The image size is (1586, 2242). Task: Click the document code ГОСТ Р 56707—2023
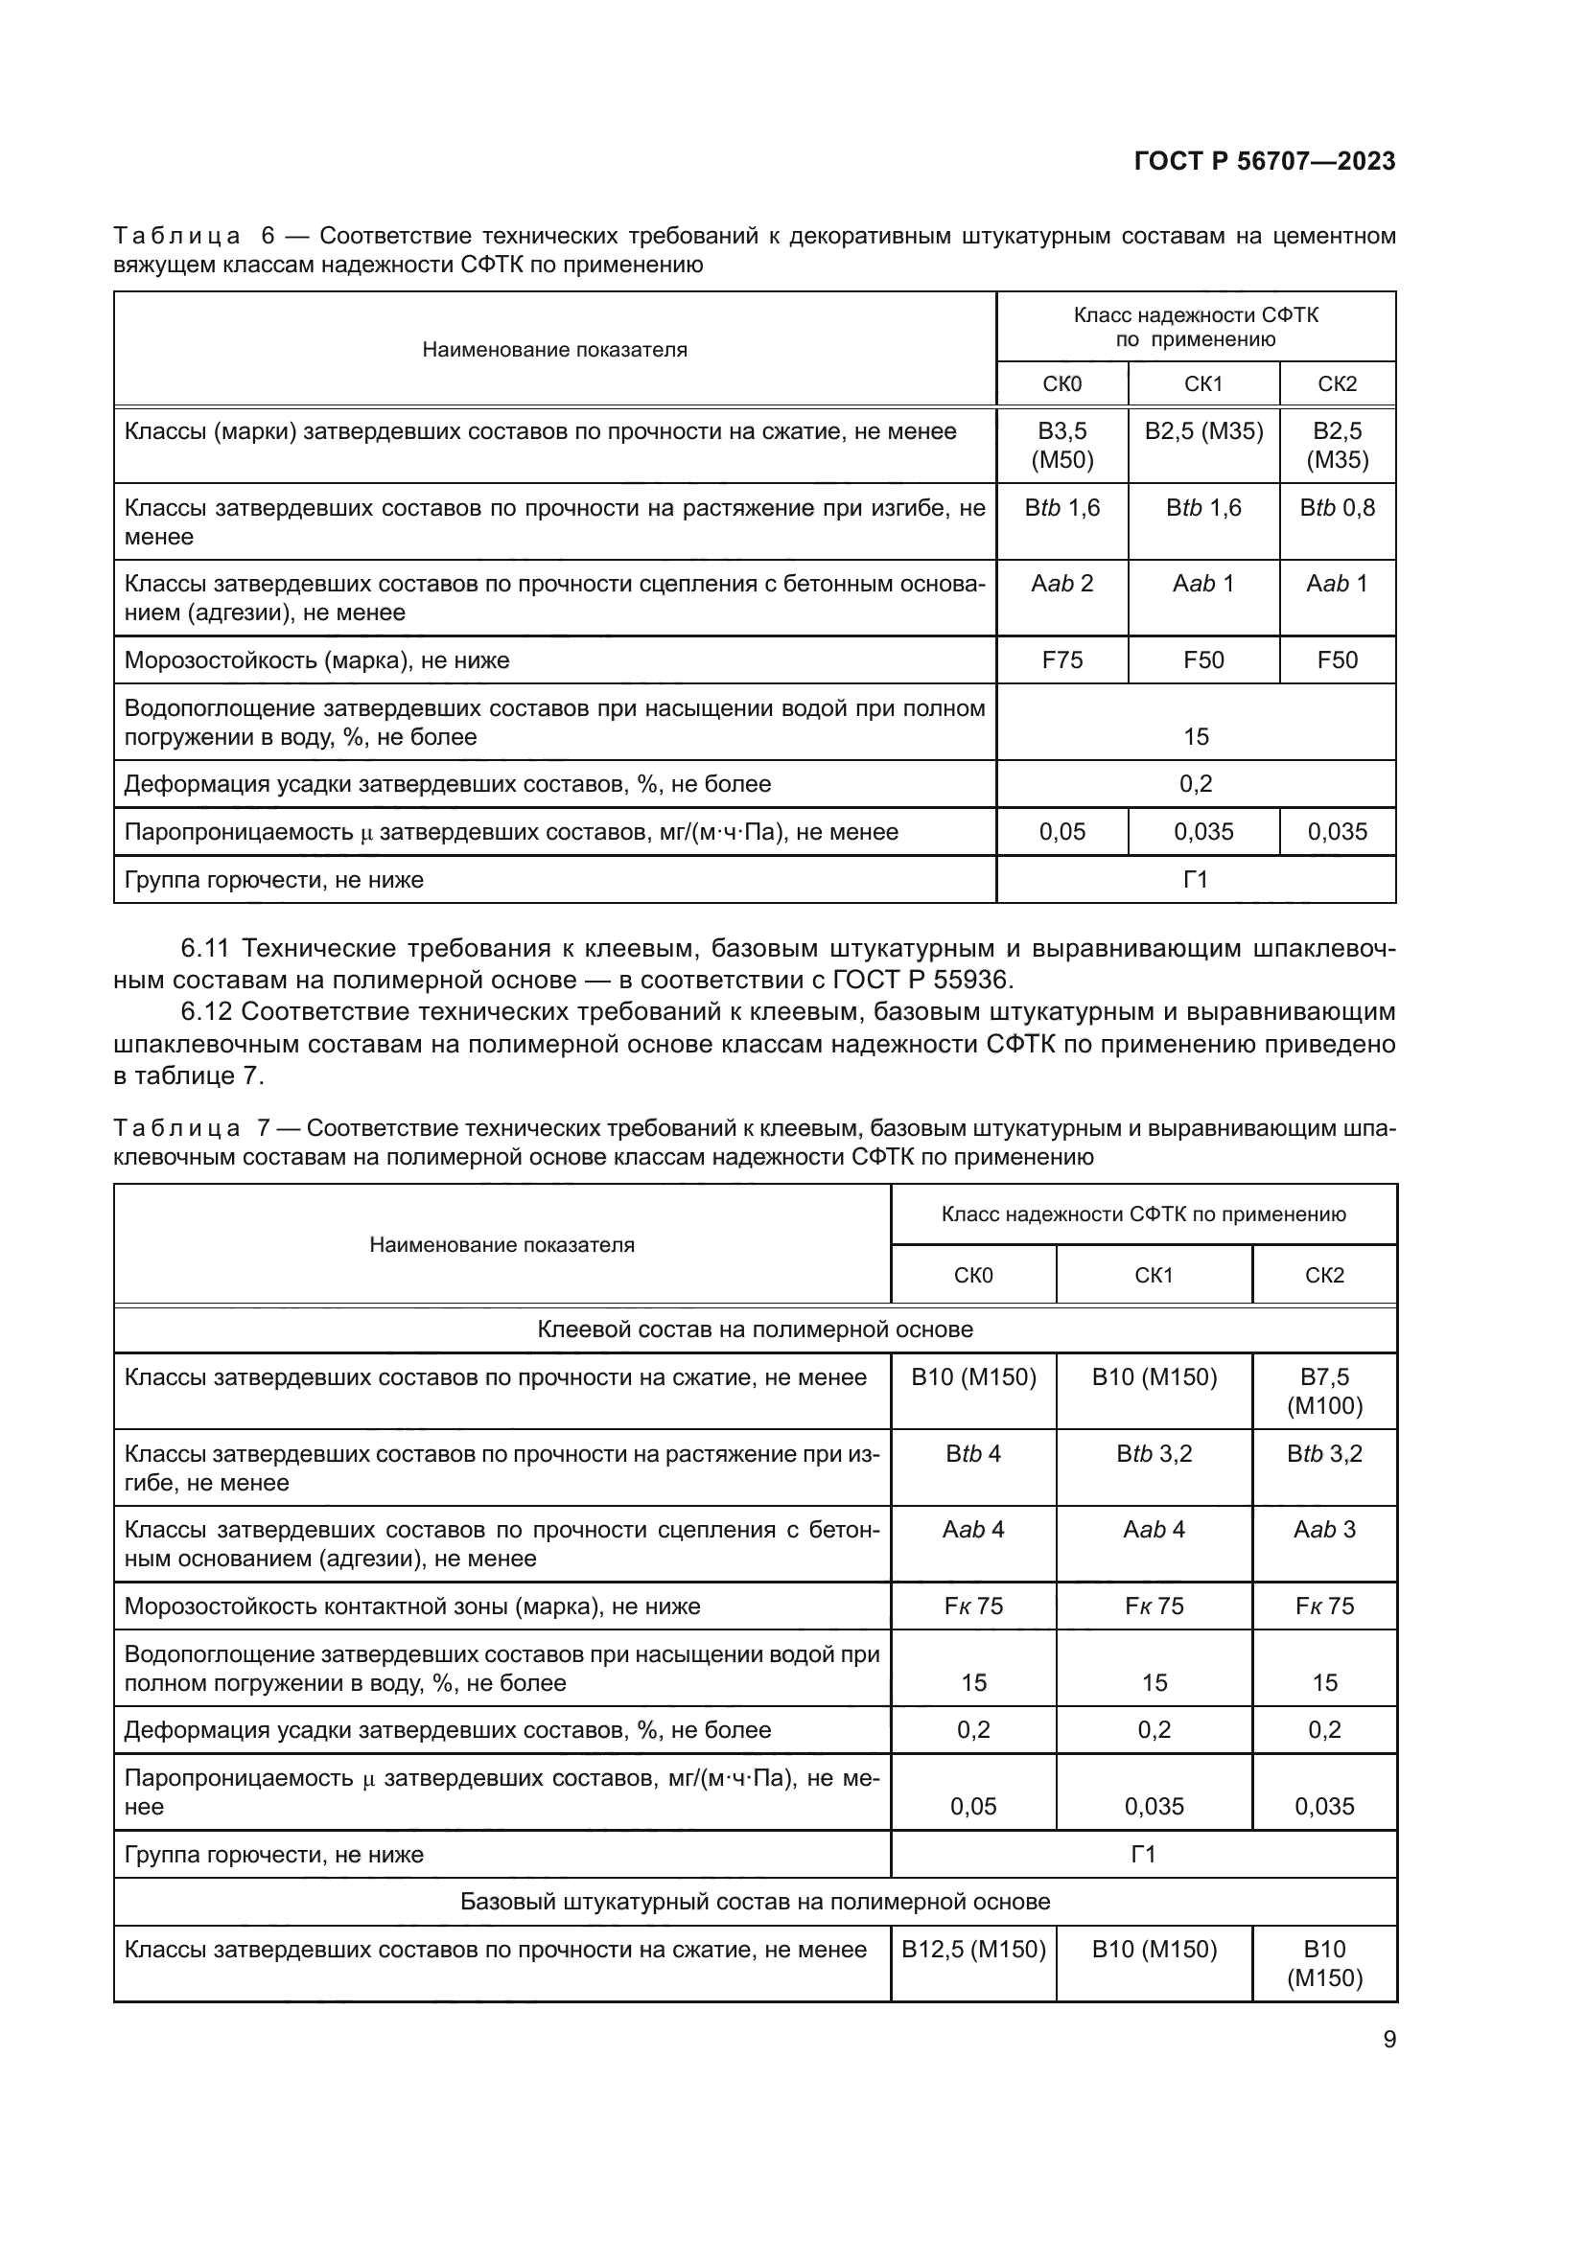coord(1264,161)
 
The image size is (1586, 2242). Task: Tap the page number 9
coord(1388,2039)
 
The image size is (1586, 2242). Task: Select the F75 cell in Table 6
coord(1061,660)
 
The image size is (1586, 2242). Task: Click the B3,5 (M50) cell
coord(1061,446)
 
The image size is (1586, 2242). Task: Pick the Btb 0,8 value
coord(1336,508)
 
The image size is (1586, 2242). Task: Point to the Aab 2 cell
coord(1061,584)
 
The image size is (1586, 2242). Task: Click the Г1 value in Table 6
coord(1196,880)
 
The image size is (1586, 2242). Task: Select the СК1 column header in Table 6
coord(1203,383)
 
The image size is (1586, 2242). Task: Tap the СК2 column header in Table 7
coord(1324,1275)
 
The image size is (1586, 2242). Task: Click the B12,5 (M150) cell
coord(972,1949)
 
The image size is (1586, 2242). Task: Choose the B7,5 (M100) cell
coord(1324,1392)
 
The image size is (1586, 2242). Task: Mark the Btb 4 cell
coord(972,1454)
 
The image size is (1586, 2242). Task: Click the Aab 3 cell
coord(1324,1530)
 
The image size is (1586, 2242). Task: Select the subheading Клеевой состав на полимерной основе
coord(755,1329)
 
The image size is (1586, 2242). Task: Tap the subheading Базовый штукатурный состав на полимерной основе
coord(755,1901)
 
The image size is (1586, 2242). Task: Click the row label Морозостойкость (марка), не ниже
coord(316,660)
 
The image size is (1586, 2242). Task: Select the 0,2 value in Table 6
coord(1196,784)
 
